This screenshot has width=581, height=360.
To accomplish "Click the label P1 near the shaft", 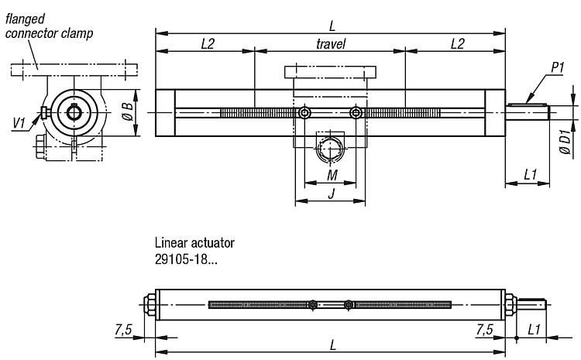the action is (557, 67).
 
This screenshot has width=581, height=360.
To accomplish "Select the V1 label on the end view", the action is (19, 122).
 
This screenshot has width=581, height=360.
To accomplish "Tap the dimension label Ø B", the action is (128, 111).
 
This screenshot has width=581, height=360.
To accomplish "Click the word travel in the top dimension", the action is (331, 44).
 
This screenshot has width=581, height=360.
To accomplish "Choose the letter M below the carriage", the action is (332, 175).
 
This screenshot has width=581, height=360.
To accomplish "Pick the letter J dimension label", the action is (332, 193).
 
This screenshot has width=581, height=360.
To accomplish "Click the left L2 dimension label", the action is (208, 44).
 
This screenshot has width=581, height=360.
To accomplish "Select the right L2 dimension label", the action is (457, 44).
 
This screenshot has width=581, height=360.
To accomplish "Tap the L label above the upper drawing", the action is (332, 26).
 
